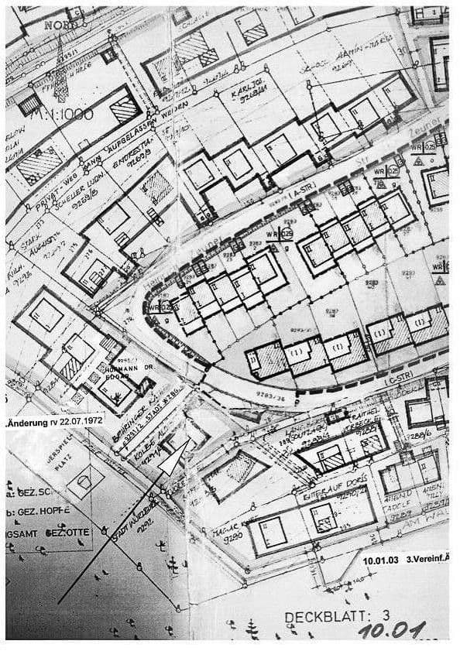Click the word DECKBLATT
322,616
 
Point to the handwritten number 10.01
392,631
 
